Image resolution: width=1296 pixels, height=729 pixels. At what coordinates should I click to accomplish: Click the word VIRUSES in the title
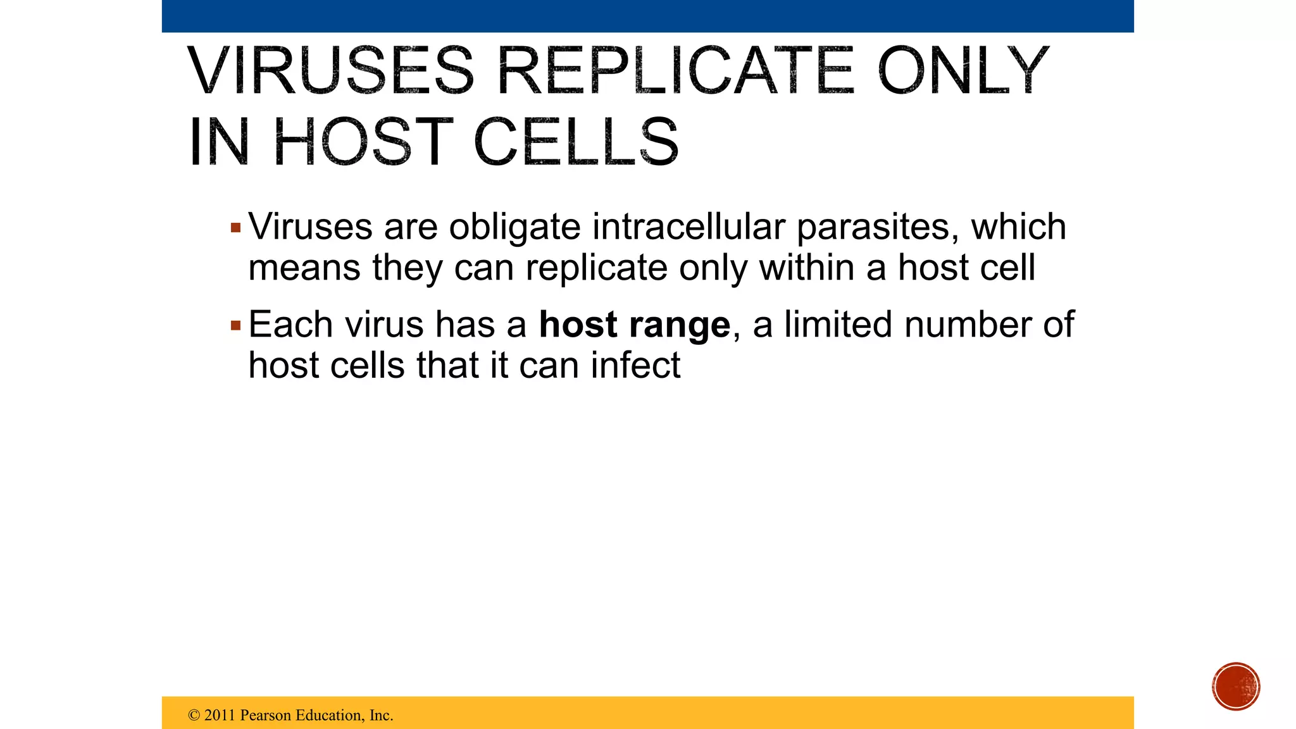click(330, 71)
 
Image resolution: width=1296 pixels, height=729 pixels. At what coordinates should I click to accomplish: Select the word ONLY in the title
click(963, 71)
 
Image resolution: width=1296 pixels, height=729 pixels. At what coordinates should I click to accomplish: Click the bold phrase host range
click(635, 325)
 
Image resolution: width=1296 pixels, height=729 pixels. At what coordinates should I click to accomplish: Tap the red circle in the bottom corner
click(1236, 687)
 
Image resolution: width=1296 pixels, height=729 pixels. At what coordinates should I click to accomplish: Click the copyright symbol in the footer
click(194, 716)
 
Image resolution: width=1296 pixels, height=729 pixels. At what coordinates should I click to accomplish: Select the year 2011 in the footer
click(220, 716)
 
